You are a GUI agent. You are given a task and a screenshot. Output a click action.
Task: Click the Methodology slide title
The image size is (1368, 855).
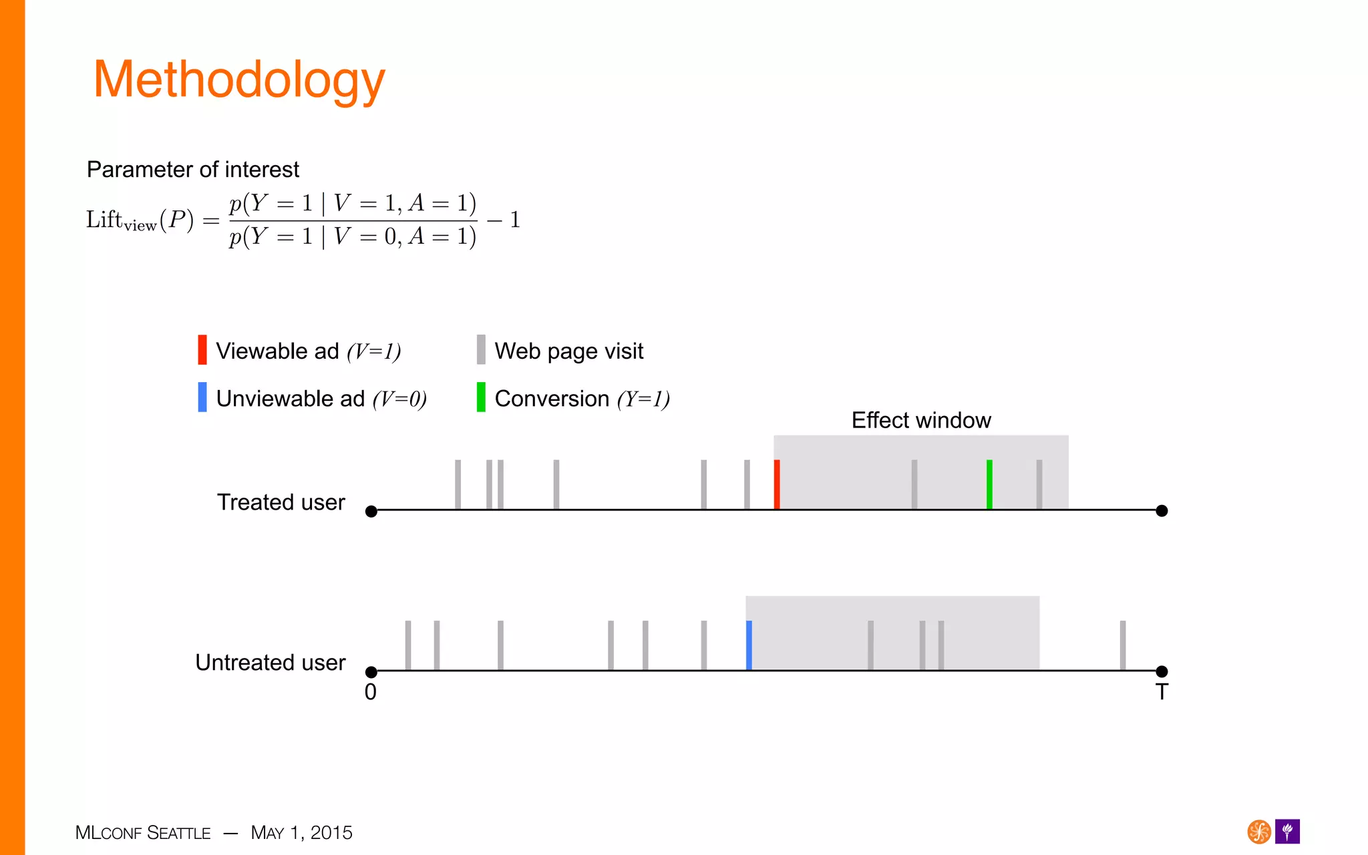[239, 80]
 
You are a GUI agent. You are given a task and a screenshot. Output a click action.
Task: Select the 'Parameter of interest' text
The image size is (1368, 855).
[192, 170]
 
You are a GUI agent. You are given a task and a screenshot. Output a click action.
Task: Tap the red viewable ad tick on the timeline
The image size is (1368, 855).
[777, 484]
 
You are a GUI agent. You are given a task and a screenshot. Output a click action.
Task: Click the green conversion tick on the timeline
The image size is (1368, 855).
[989, 484]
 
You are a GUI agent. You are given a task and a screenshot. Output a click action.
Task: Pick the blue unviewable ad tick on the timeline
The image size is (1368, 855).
[749, 645]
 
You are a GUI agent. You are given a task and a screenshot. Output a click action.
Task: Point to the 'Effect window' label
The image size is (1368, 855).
[921, 420]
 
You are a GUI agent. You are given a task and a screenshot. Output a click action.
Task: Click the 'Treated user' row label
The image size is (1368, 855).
[281, 502]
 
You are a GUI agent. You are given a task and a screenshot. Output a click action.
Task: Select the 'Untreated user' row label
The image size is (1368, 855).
[270, 663]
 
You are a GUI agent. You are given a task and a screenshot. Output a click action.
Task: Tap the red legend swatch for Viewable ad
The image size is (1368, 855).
[202, 350]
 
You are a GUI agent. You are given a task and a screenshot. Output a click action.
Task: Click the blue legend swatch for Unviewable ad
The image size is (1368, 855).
[202, 397]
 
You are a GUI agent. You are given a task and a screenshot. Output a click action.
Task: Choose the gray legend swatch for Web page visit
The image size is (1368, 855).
[481, 350]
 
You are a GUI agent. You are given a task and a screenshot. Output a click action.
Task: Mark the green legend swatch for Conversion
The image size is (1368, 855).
[481, 397]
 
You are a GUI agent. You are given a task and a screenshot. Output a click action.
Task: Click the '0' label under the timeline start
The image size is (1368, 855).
[371, 692]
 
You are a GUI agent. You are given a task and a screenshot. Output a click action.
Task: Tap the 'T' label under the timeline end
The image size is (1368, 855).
[1162, 692]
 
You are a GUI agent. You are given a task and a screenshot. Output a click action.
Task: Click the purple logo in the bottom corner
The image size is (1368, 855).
[1287, 832]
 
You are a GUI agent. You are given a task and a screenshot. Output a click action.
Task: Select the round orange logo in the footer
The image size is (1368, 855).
[1259, 832]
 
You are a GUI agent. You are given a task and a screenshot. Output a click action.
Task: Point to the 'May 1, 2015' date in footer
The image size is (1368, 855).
[301, 833]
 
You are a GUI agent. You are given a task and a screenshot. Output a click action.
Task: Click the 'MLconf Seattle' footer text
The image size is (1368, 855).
[143, 833]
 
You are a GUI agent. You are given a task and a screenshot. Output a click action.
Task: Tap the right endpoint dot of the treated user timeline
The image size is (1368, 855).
[1162, 511]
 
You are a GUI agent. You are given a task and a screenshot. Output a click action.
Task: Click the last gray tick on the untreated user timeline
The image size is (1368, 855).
[1123, 645]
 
